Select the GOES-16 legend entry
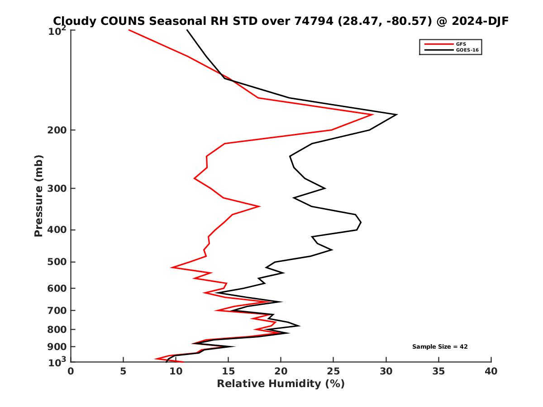[467, 50]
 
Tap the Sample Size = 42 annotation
[439, 347]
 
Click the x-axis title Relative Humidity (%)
[281, 384]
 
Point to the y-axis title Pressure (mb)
[38, 195]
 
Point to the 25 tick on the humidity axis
[333, 372]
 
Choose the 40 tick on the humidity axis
[491, 372]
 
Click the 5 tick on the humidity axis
[123, 372]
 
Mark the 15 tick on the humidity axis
[228, 372]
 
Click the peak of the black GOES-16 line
[397, 114]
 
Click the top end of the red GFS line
[129, 30]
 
